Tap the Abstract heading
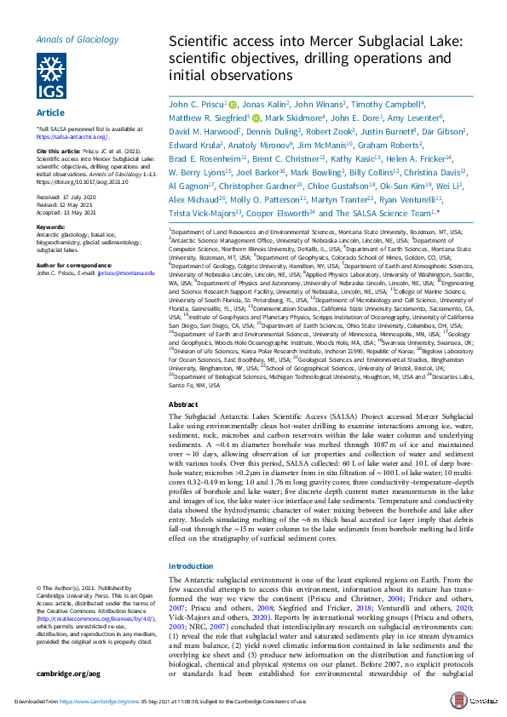click(x=184, y=404)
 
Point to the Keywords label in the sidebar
click(x=51, y=227)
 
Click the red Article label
click(x=48, y=112)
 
